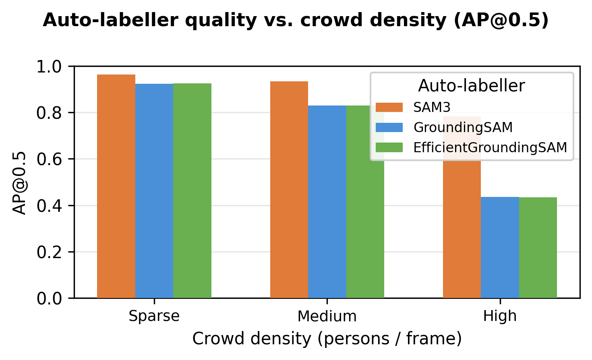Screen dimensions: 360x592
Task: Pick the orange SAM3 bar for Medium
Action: pyautogui.click(x=289, y=190)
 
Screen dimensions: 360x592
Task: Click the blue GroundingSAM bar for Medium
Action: pyautogui.click(x=327, y=202)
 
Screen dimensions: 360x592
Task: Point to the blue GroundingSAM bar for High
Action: pyautogui.click(x=500, y=247)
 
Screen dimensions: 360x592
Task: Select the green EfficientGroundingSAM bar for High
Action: pyautogui.click(x=538, y=248)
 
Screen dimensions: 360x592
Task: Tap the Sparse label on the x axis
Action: pyautogui.click(x=154, y=316)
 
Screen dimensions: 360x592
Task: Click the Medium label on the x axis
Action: pyautogui.click(x=327, y=316)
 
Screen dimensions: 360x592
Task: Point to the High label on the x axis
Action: pyautogui.click(x=500, y=316)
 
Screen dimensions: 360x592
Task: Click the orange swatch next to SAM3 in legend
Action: pyautogui.click(x=389, y=107)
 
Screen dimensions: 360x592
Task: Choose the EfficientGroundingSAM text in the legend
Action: pyautogui.click(x=490, y=148)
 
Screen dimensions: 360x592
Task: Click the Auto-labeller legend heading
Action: pyautogui.click(x=472, y=86)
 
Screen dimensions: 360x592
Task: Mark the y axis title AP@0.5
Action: pyautogui.click(x=19, y=182)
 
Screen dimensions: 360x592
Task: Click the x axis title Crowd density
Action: pyautogui.click(x=327, y=339)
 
